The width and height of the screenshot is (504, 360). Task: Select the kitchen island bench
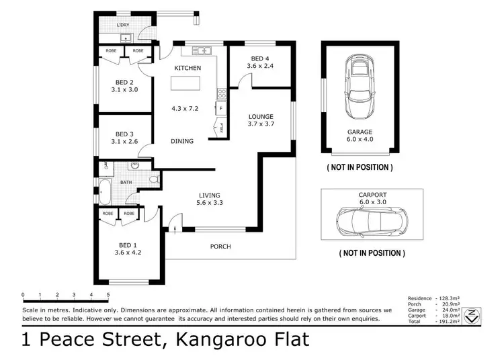[186, 83]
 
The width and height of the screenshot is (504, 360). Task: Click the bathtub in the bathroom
[106, 191]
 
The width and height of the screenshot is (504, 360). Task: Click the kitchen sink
[200, 51]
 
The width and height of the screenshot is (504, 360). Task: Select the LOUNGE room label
[261, 116]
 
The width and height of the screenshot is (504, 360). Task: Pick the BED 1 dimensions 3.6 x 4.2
[127, 253]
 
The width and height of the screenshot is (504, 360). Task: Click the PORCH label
[220, 246]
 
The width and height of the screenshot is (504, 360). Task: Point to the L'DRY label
[123, 25]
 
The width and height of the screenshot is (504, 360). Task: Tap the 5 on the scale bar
[108, 295]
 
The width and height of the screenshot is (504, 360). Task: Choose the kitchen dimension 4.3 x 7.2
[185, 108]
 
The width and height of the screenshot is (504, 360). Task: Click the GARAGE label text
[360, 132]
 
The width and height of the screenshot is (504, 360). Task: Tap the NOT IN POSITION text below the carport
[371, 254]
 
